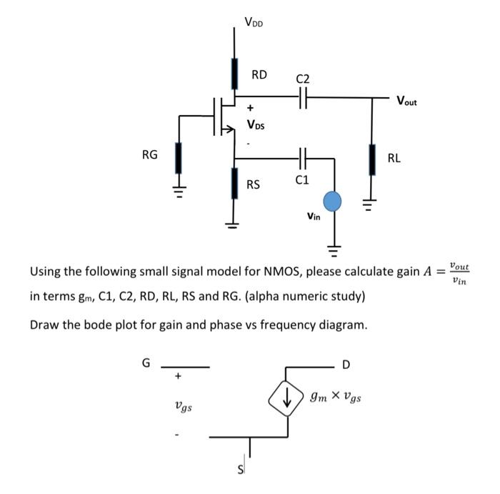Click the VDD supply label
click(x=253, y=22)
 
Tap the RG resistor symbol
click(x=178, y=158)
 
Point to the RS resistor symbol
click(x=234, y=183)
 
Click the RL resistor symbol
click(x=371, y=159)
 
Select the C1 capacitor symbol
click(x=303, y=158)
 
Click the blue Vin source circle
click(x=332, y=202)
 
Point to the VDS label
click(x=255, y=125)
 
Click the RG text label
click(x=149, y=154)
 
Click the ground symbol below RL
click(x=371, y=205)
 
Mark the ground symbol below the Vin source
click(x=332, y=250)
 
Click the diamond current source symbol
click(x=287, y=400)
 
